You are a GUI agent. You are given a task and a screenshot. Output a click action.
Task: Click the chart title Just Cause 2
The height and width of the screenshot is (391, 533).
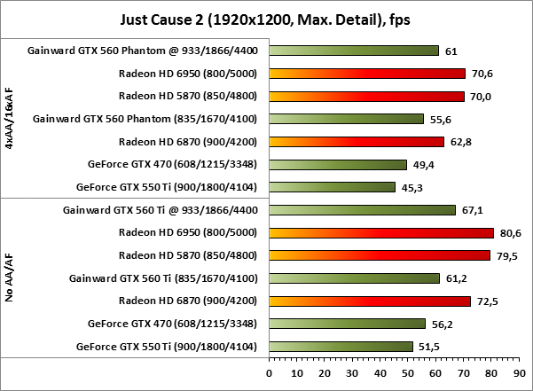[x=266, y=18]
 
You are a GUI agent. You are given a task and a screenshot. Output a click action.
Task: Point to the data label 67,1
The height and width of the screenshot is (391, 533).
[x=471, y=210]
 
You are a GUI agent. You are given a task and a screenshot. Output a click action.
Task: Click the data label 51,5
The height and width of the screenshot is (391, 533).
[x=428, y=346]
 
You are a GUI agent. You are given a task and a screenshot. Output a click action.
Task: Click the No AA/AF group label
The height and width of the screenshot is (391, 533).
[x=10, y=278]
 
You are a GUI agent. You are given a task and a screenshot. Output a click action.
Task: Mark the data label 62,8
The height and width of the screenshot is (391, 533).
[x=459, y=142]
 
